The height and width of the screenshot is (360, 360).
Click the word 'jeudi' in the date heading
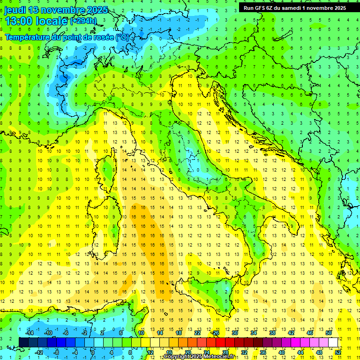pyautogui.click(x=14, y=10)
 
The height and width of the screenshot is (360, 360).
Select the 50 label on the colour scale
pyautogui.click(x=329, y=333)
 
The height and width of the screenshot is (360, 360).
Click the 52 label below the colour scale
pyautogui.click(x=338, y=352)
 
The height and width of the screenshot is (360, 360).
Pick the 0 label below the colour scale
pyautogui.click(x=92, y=352)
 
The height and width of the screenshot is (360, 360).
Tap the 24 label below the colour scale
pyautogui.click(x=207, y=352)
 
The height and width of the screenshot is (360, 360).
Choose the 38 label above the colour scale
pyautogui.click(x=272, y=333)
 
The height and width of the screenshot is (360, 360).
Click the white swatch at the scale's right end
pyautogui.click(x=333, y=342)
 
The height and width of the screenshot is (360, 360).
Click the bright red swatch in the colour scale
pyautogui.click(x=221, y=342)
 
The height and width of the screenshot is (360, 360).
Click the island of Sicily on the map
pyautogui.click(x=206, y=293)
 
